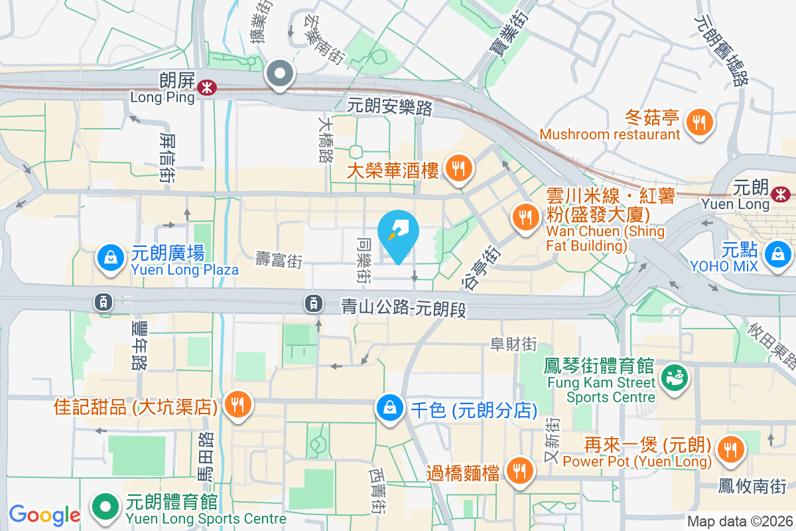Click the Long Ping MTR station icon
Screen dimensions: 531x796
[208, 87]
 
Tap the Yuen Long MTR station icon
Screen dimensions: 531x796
[781, 194]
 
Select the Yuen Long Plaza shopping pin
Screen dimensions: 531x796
[109, 259]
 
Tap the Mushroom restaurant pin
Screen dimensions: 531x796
[698, 123]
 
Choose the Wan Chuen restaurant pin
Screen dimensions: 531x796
[525, 216]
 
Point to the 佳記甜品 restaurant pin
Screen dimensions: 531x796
[237, 404]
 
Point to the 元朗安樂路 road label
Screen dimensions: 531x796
[389, 106]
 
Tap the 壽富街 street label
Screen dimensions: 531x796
[279, 260]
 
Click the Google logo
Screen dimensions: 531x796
[44, 515]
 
